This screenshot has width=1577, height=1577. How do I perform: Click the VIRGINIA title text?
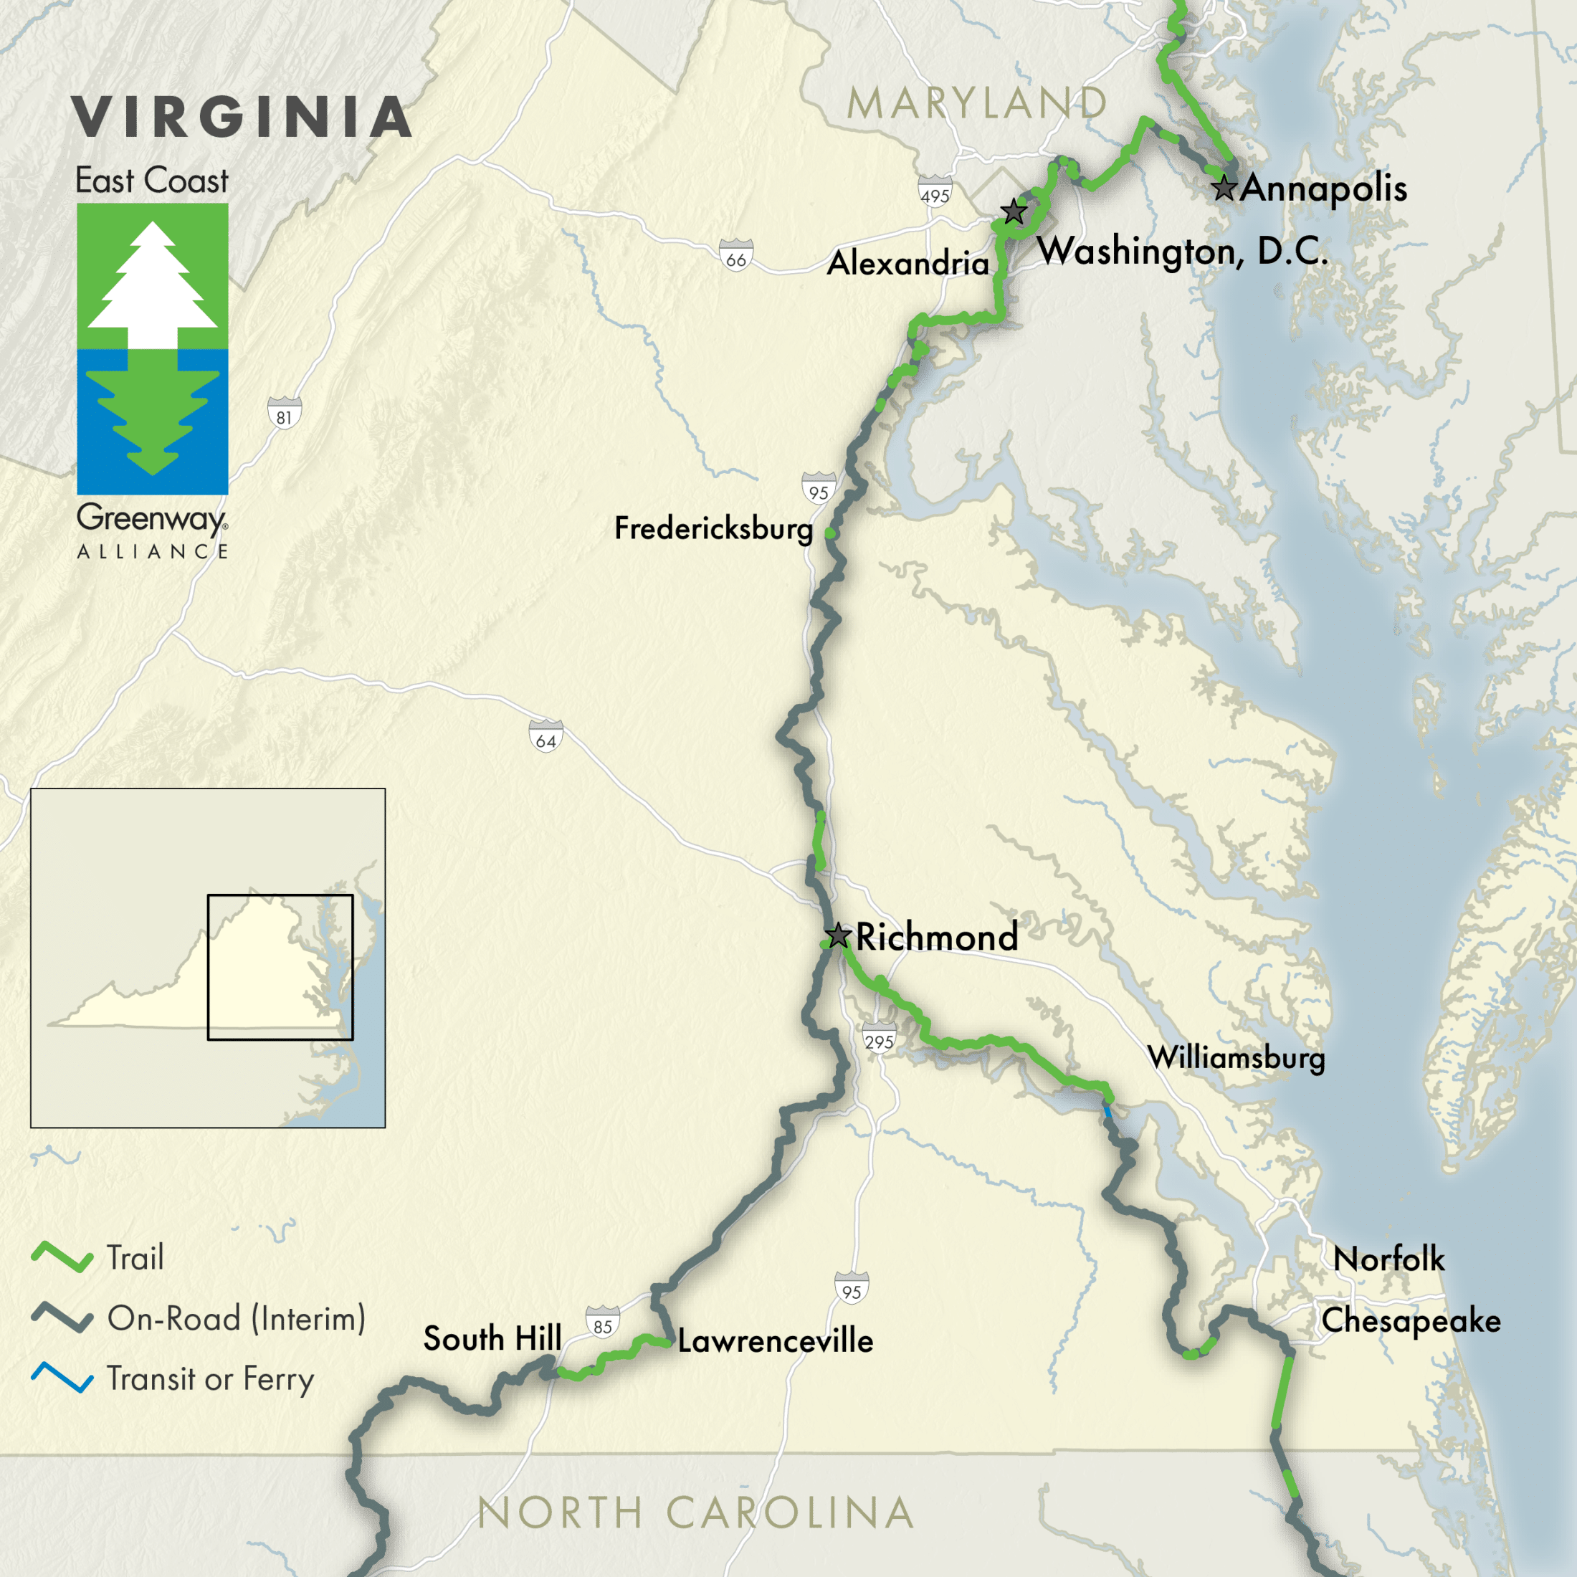point(242,118)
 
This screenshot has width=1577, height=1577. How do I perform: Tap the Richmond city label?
point(936,937)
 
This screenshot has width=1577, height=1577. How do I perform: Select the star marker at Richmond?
point(838,935)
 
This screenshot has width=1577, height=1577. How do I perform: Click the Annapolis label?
point(1323,189)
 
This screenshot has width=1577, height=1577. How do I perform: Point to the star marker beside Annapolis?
point(1224,188)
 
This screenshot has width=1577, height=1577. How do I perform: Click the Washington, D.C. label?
point(1182,251)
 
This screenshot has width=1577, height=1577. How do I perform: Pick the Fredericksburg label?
point(713,528)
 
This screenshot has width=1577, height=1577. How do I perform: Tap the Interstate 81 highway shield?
point(284,412)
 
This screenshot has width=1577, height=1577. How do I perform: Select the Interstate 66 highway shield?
point(735,254)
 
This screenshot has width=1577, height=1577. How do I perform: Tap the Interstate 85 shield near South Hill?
point(602,1323)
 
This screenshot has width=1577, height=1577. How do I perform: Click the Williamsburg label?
point(1236,1058)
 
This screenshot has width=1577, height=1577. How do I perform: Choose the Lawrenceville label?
point(775,1341)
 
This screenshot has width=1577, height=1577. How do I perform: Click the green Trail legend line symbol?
point(62,1258)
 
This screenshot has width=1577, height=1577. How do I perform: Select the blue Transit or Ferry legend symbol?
point(62,1378)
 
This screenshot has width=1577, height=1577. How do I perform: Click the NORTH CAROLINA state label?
point(695,1512)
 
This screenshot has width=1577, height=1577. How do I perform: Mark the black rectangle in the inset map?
point(280,967)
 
